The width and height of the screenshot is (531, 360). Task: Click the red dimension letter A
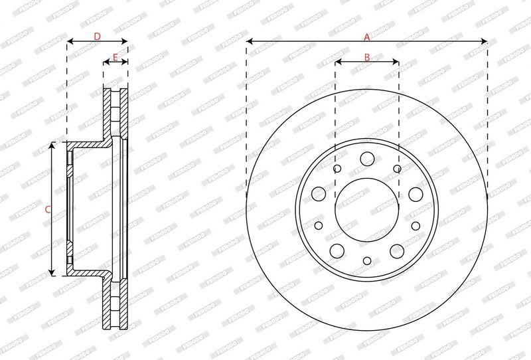(367, 37)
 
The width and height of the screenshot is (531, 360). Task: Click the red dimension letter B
(367, 57)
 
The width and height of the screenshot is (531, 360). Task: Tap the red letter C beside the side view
(48, 209)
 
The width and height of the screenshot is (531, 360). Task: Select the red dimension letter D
(97, 37)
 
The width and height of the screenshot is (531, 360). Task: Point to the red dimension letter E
(115, 57)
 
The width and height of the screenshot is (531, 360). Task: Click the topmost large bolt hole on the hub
(367, 158)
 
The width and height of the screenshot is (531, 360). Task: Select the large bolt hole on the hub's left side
(319, 193)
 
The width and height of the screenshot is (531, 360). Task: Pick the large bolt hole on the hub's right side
(416, 194)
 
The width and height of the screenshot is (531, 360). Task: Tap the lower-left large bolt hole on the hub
(337, 250)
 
